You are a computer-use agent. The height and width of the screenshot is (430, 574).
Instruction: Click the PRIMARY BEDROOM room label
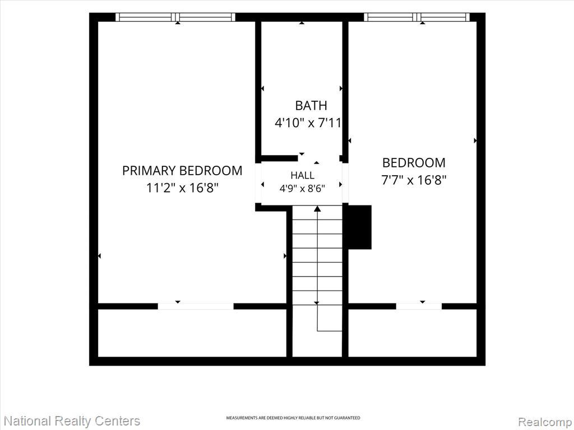(x=182, y=170)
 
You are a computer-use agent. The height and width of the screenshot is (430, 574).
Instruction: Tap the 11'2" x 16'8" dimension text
(x=182, y=188)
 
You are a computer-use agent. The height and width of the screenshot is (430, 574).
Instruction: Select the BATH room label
(x=311, y=105)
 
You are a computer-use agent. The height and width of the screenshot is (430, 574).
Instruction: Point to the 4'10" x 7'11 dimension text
(x=308, y=123)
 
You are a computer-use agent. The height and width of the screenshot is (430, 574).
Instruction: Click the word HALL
(x=302, y=175)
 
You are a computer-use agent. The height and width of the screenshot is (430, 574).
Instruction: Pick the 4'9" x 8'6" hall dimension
(x=302, y=189)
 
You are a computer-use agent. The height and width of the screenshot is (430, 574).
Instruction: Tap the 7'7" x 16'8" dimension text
(x=414, y=180)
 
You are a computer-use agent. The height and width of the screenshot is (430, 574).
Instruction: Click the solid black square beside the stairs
(x=359, y=227)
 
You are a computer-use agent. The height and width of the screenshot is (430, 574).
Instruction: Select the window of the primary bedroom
(x=175, y=17)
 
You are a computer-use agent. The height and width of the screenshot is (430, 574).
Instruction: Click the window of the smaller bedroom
(x=416, y=17)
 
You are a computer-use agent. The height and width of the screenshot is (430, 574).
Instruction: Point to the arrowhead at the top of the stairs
(x=317, y=209)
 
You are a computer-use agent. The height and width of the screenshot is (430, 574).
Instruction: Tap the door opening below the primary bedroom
(x=196, y=306)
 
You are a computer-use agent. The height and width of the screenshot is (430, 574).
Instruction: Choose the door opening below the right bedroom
(x=419, y=306)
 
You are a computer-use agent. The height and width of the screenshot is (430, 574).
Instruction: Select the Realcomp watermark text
(x=545, y=422)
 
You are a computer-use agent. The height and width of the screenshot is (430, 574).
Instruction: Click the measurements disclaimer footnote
(x=293, y=418)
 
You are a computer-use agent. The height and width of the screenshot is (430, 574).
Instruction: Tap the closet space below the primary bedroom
(x=192, y=333)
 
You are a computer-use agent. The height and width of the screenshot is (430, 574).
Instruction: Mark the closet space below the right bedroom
(x=412, y=333)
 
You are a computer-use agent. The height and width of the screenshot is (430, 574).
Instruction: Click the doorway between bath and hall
(x=318, y=158)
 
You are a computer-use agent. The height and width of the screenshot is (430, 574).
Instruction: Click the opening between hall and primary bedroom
(x=258, y=183)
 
